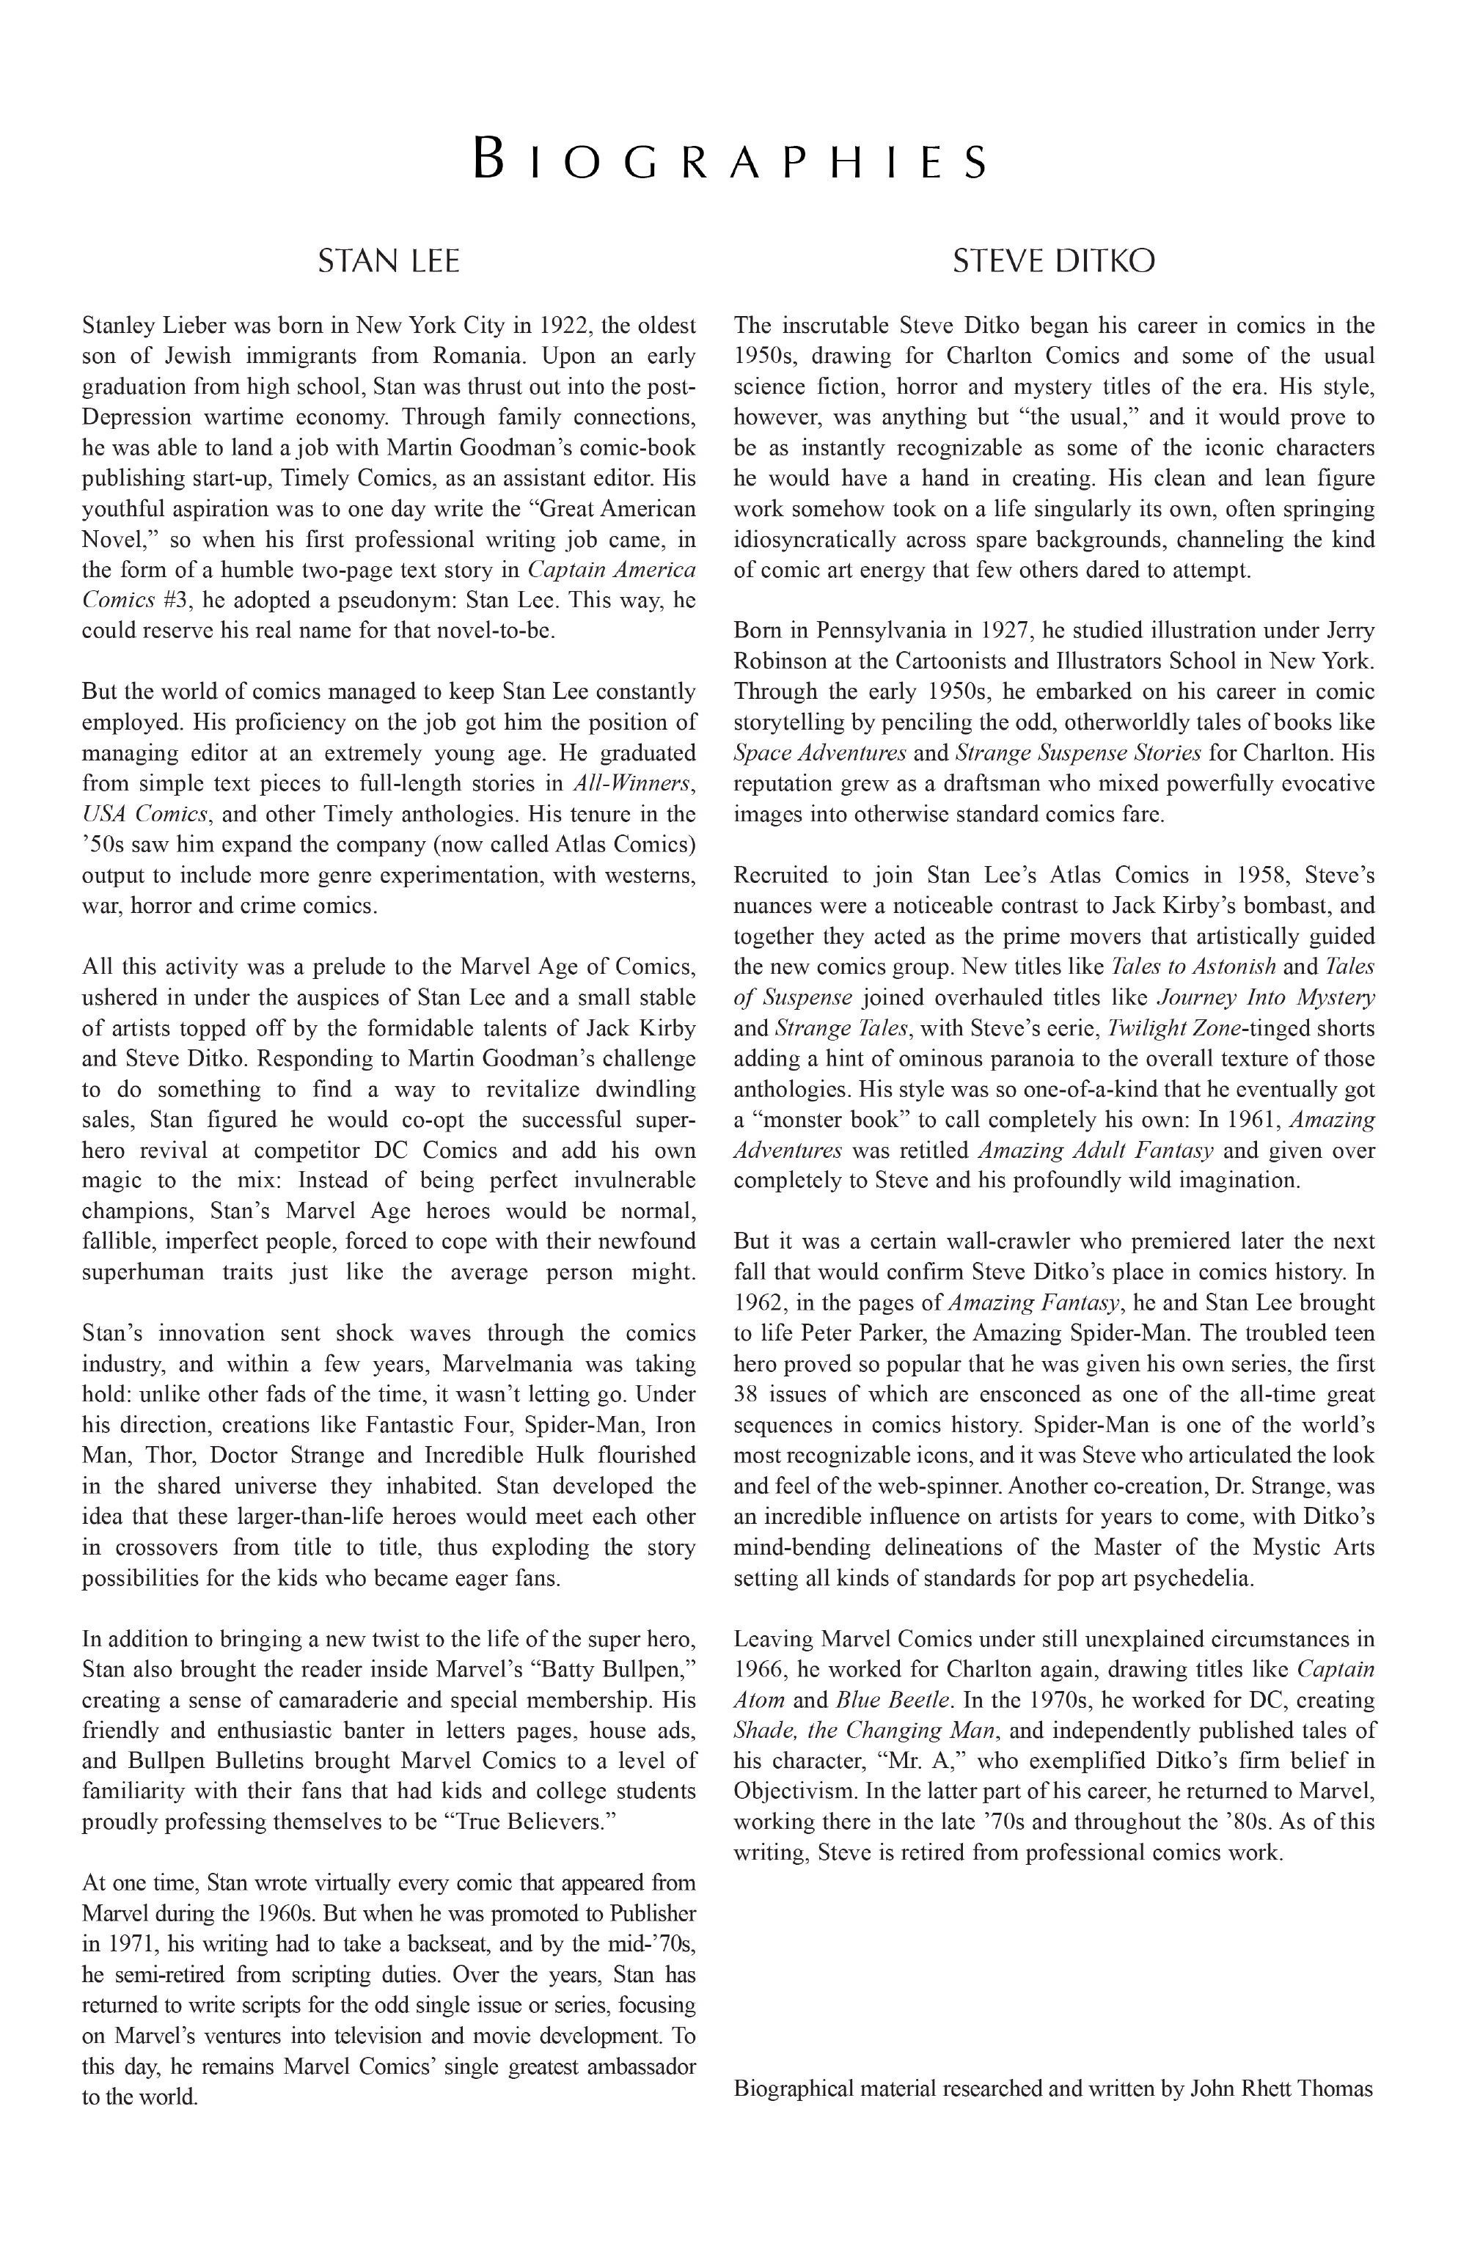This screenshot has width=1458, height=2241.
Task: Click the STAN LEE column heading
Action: [x=388, y=261]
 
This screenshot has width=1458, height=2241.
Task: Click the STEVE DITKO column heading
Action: [x=1053, y=261]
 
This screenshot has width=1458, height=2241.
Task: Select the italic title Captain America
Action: [x=611, y=570]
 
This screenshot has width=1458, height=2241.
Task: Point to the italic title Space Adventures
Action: [x=819, y=752]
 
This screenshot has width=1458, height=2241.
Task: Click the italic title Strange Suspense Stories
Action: [x=1077, y=752]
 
